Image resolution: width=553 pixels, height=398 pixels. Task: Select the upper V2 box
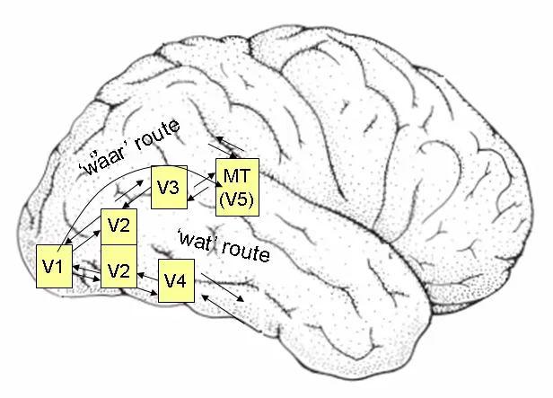(118, 226)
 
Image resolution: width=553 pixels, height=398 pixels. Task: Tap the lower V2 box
(118, 267)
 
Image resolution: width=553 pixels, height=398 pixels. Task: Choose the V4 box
(176, 282)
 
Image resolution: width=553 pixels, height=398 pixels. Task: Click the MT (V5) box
(238, 188)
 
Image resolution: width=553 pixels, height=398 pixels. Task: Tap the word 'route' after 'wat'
(243, 252)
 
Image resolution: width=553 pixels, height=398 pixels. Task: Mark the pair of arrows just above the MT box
(226, 146)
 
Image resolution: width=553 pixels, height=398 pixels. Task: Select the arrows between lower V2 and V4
(147, 286)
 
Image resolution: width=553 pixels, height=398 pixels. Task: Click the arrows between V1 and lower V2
(85, 267)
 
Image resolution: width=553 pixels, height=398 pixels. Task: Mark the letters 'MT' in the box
(238, 176)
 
